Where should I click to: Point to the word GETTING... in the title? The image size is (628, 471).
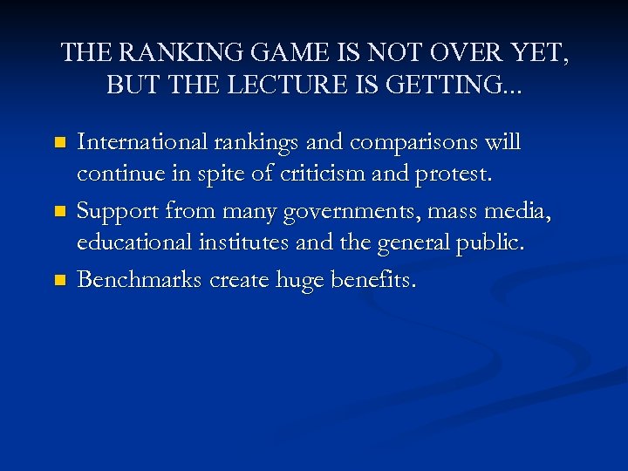click(463, 85)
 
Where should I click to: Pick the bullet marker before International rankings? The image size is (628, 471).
click(59, 140)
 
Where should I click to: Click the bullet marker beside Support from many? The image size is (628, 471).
click(59, 210)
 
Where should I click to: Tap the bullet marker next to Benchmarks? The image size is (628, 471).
click(59, 280)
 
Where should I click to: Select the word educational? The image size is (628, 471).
click(127, 244)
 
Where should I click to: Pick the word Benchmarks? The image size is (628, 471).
click(139, 279)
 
